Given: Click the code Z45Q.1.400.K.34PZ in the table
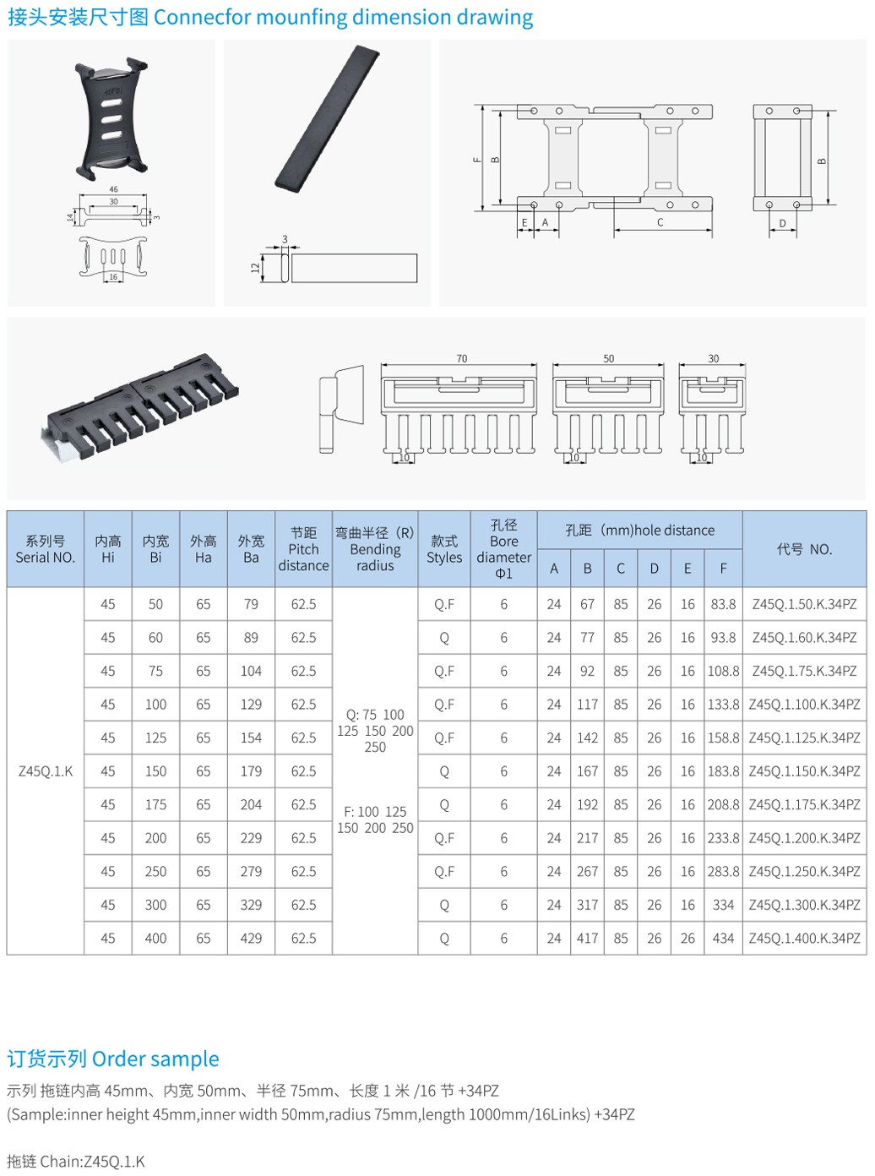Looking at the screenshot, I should coord(804,938).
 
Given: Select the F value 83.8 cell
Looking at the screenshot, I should coord(723,604).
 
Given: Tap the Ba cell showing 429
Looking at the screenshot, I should coord(251,938).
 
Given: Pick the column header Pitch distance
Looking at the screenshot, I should coord(303,549).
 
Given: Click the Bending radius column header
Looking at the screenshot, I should coord(375,549).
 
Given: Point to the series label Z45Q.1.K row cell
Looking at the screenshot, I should coord(46,770).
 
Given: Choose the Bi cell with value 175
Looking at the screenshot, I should coord(155,804).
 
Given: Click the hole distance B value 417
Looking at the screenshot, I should coord(587,938).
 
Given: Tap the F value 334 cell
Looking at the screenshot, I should coord(723,905).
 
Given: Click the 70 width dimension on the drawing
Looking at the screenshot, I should coord(461,358).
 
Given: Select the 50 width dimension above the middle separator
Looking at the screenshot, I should coord(608,358).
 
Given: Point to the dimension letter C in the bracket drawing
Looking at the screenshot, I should coord(660,222).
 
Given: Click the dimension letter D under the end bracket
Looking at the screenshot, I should coord(782,224).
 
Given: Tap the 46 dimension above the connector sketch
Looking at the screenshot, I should coord(113,189).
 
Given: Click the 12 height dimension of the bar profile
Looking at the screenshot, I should coord(255,268).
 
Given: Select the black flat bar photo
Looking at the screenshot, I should coord(327,118).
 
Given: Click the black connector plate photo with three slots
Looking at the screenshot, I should coord(111,118).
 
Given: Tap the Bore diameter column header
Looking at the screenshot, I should coord(503,549).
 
